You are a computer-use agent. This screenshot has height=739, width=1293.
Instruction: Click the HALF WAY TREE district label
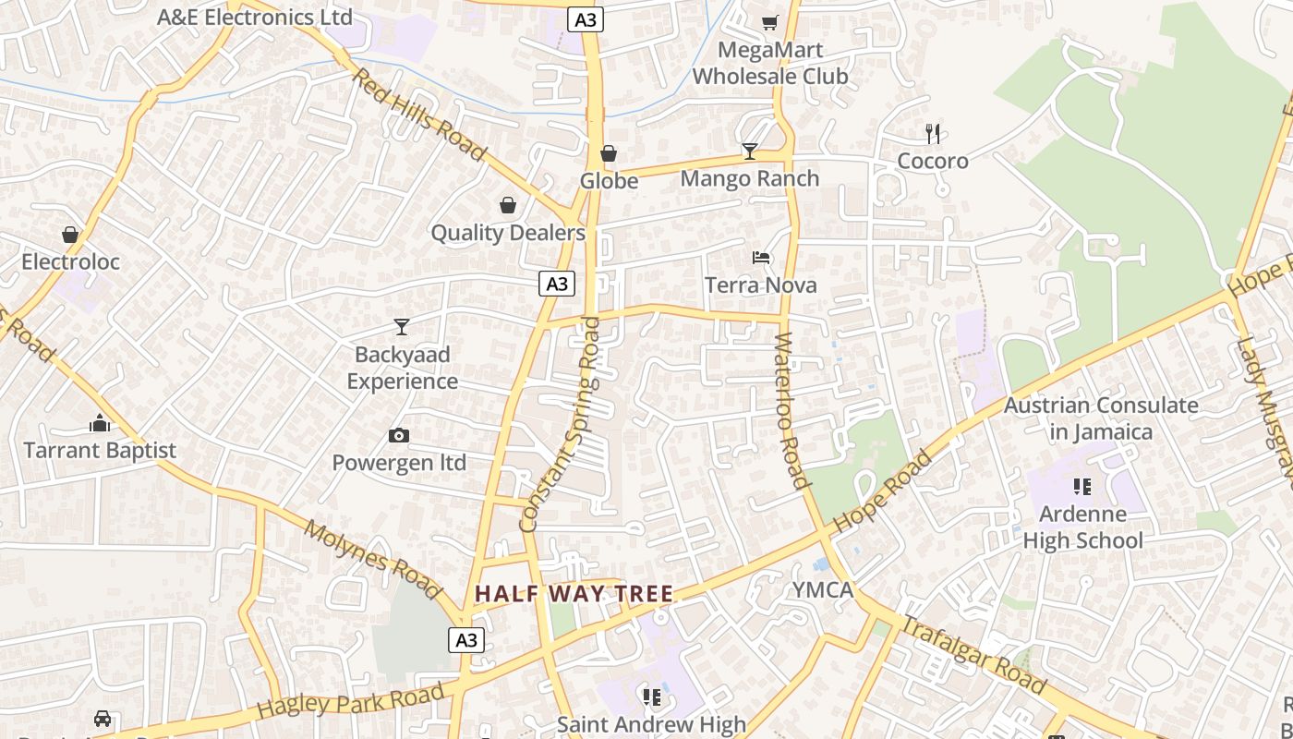[574, 593]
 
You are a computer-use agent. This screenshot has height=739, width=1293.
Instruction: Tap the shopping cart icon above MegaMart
[769, 22]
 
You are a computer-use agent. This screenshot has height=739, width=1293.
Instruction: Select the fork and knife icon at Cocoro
[933, 134]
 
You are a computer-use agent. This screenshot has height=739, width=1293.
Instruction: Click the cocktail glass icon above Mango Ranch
[749, 151]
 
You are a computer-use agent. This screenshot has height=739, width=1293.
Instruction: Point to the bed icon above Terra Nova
[761, 258]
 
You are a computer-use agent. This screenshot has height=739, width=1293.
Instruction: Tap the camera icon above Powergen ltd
[399, 435]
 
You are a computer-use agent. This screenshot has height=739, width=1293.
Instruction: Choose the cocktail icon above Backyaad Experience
[402, 326]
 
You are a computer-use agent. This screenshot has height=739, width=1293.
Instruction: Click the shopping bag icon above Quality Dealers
[508, 205]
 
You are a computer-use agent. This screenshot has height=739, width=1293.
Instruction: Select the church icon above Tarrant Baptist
[100, 423]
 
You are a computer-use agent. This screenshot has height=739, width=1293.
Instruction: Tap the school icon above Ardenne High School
[1082, 486]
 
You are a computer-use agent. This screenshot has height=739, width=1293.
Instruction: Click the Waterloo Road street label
[792, 410]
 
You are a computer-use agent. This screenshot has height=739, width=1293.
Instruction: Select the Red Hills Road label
[418, 115]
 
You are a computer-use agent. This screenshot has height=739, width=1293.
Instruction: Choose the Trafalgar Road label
[973, 655]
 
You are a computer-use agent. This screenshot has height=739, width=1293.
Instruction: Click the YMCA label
[822, 590]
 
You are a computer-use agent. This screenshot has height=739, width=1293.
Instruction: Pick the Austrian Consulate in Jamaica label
[1101, 418]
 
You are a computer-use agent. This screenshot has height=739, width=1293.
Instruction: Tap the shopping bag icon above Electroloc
[70, 235]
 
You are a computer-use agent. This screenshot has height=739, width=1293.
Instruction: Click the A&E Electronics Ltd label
[255, 17]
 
